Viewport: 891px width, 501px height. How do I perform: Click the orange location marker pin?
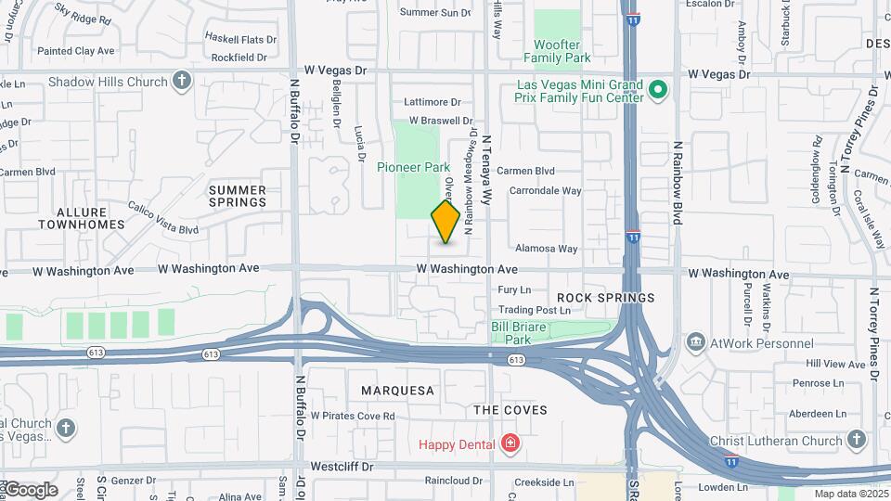pyautogui.click(x=445, y=222)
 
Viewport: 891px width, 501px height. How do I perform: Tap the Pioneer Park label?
pyautogui.click(x=413, y=167)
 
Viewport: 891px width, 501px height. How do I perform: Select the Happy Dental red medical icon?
pyautogui.click(x=509, y=444)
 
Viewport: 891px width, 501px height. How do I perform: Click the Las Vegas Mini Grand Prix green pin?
pyautogui.click(x=658, y=90)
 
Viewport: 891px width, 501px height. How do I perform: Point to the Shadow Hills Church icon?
pyautogui.click(x=182, y=82)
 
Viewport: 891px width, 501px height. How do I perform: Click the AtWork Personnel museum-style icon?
pyautogui.click(x=695, y=343)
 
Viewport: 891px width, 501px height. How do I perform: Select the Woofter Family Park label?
pyautogui.click(x=557, y=51)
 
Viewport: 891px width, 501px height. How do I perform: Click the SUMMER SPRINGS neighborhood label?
pyautogui.click(x=238, y=196)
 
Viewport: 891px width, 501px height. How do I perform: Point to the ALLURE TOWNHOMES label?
pyautogui.click(x=83, y=219)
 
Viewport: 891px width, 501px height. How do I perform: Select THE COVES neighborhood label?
pyautogui.click(x=510, y=409)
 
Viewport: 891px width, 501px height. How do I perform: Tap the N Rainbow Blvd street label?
pyautogui.click(x=678, y=183)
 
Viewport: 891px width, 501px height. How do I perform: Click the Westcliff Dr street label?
pyautogui.click(x=341, y=466)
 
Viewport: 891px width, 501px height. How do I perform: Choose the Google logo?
pyautogui.click(x=31, y=490)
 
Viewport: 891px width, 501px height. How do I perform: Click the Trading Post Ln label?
pyautogui.click(x=534, y=310)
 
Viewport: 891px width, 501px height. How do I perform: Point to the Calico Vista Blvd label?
pyautogui.click(x=163, y=218)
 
